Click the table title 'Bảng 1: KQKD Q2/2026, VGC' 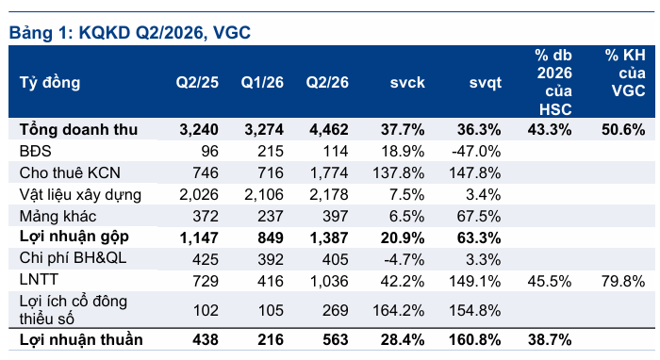[x=130, y=32]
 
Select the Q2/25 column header [x=197, y=82]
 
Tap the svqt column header [x=485, y=82]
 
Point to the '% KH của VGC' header [x=625, y=73]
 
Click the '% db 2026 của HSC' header [x=554, y=82]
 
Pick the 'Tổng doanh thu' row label [x=78, y=129]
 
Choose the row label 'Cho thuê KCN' [x=70, y=172]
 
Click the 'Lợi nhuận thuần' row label [x=81, y=339]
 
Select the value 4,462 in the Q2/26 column [x=329, y=129]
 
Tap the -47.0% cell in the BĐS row [x=476, y=151]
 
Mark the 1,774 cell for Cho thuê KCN [x=329, y=172]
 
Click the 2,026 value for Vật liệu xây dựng [x=199, y=195]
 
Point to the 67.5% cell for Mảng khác [x=479, y=217]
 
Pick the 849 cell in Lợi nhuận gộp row [x=271, y=238]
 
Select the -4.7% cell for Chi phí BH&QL [x=404, y=259]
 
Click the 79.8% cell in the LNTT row [x=623, y=281]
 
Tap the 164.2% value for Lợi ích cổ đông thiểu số [x=399, y=310]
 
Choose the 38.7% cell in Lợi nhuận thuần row [x=550, y=339]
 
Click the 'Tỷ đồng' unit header [x=50, y=82]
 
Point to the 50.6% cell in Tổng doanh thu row [x=623, y=129]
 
